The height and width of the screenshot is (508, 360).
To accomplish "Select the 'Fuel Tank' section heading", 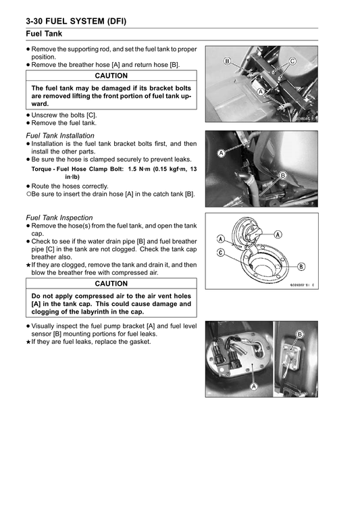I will coord(45,33).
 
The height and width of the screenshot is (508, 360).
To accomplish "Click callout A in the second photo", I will coord(221,153).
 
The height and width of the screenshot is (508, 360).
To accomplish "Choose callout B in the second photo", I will coord(282,175).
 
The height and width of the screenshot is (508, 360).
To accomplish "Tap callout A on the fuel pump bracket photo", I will coord(253,386).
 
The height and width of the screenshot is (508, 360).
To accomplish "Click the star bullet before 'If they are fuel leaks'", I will coord(27,342).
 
